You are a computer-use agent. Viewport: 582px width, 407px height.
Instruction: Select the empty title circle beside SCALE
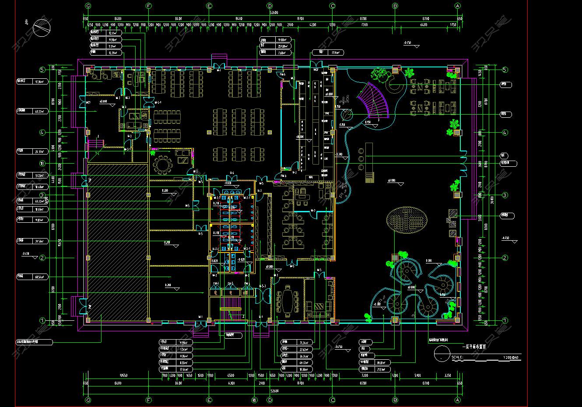pos(442,353)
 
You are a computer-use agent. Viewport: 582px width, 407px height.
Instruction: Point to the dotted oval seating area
pos(408,220)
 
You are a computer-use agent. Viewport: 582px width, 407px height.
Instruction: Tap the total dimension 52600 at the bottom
pos(274,391)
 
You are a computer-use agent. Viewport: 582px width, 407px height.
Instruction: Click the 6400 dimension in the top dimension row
pos(423,25)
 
